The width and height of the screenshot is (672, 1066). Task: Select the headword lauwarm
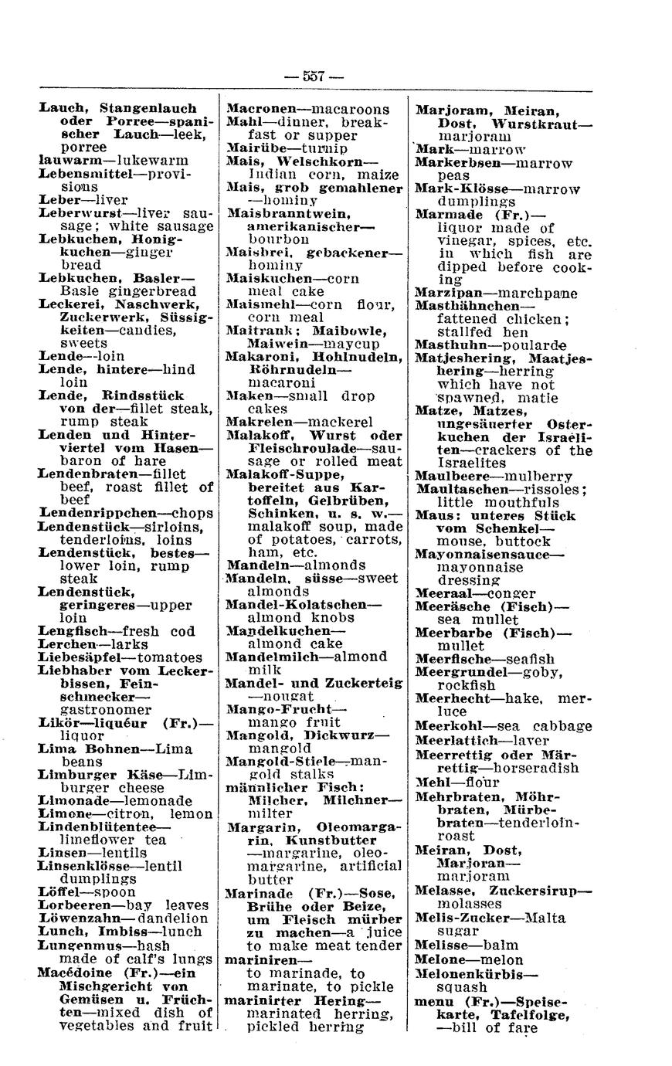[64, 160]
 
